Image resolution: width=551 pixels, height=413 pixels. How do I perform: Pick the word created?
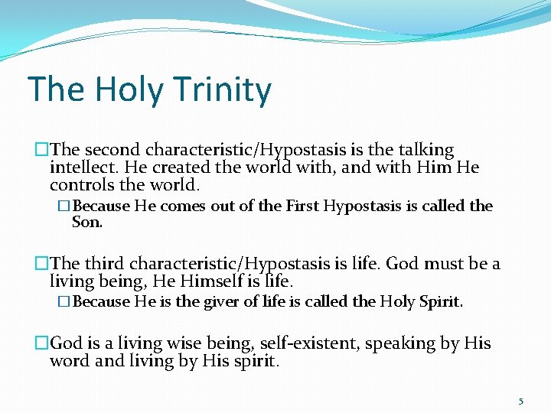coord(159,167)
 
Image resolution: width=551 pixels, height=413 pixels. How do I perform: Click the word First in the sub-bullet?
coord(302,206)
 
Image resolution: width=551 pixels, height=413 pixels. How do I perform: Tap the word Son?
coord(86,222)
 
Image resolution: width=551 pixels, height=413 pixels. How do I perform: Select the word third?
coord(105,264)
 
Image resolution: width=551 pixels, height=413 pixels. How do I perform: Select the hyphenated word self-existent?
coord(308,343)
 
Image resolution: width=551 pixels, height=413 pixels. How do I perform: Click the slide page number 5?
coord(521,401)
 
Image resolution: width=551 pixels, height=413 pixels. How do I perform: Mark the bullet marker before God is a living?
coord(42,343)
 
